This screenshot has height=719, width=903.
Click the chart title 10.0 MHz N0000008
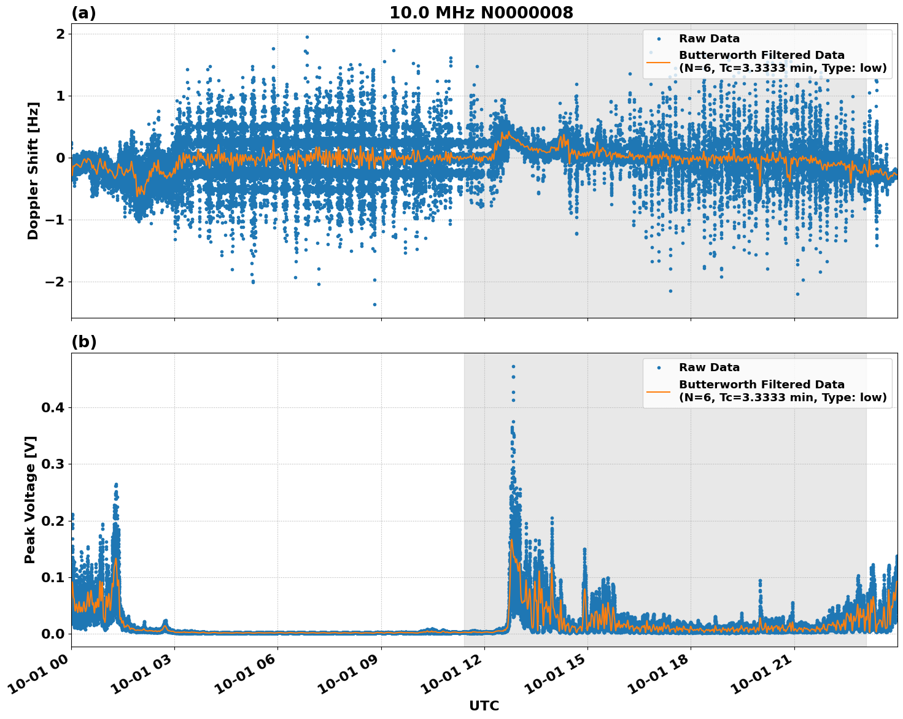click(x=481, y=13)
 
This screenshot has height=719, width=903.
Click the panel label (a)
click(x=83, y=13)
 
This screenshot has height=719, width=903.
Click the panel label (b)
click(x=83, y=342)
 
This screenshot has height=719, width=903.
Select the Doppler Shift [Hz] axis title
click(x=33, y=171)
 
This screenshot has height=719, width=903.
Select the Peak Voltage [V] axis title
click(x=31, y=499)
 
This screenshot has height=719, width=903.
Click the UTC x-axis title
click(x=484, y=706)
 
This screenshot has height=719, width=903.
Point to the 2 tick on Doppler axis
click(x=60, y=34)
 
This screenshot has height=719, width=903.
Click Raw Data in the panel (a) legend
click(x=709, y=39)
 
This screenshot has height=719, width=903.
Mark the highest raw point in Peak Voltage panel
click(x=513, y=366)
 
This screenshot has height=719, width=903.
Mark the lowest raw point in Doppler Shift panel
click(x=374, y=304)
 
